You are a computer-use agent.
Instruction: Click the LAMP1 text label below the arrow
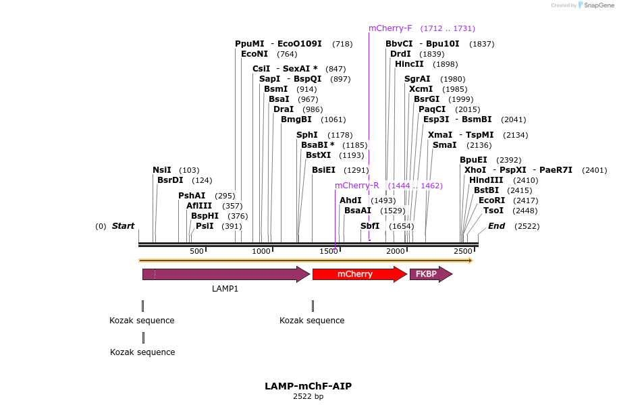225,289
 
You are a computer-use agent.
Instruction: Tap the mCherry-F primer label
390,28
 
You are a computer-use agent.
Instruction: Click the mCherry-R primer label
356,186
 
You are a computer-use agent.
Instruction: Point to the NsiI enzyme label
162,170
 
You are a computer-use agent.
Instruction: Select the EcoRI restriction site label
491,200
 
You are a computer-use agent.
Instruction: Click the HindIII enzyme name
486,180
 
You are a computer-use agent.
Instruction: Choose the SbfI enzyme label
370,226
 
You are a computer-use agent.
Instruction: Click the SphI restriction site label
307,135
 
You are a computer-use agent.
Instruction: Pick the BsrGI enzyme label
427,99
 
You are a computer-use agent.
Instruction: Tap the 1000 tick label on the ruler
261,251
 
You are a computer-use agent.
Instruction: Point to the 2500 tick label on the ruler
463,251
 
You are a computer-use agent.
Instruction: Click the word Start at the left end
123,226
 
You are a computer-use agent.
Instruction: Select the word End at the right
496,226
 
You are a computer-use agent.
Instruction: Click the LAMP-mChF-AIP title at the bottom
308,386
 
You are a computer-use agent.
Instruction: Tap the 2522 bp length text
308,397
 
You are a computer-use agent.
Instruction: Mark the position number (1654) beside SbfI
401,227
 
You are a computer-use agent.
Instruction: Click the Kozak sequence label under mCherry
312,321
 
